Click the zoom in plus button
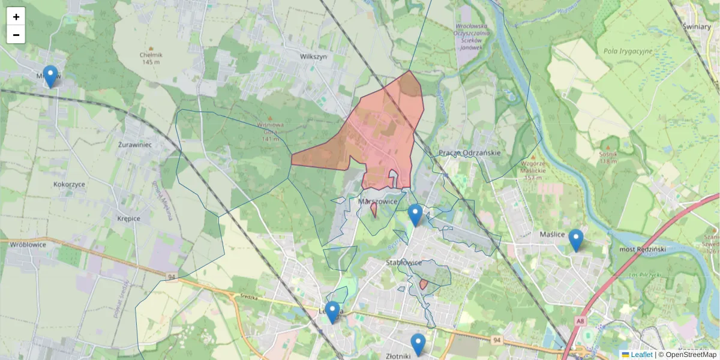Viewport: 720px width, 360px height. (x=16, y=17)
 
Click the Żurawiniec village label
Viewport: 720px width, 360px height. (x=134, y=145)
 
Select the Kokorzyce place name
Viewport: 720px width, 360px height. (x=69, y=184)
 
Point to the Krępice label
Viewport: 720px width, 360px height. (x=129, y=218)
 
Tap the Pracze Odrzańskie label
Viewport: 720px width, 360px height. (x=469, y=152)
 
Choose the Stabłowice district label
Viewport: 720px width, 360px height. (x=404, y=263)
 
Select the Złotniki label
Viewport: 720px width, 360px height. (x=398, y=356)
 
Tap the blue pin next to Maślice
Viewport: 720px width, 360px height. (x=575, y=240)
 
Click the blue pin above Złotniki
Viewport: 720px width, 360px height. (x=418, y=344)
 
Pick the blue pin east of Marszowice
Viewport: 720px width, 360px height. (x=415, y=215)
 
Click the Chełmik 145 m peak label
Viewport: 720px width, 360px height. (x=152, y=58)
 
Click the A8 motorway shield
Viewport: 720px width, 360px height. (x=580, y=322)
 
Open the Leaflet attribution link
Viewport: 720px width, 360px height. (x=641, y=355)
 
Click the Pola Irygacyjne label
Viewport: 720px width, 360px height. (x=628, y=51)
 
